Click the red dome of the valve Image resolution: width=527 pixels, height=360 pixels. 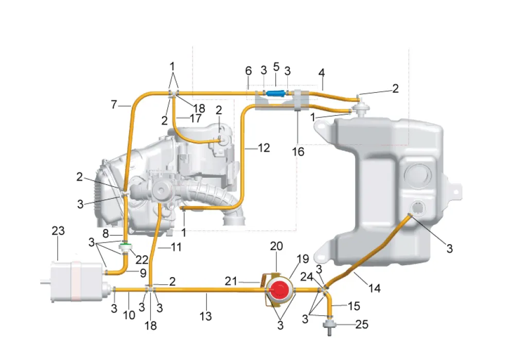click(x=279, y=290)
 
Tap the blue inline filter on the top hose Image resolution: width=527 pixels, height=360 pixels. click(x=275, y=93)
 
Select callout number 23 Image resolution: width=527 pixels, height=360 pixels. click(x=58, y=231)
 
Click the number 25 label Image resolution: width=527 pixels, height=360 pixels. click(x=362, y=324)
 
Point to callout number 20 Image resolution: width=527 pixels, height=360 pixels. click(x=276, y=246)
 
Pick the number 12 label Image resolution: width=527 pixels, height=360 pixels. click(x=264, y=148)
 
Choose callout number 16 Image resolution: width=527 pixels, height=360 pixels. click(x=298, y=152)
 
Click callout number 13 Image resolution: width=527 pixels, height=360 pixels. click(x=205, y=316)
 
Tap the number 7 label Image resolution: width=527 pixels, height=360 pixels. click(x=114, y=105)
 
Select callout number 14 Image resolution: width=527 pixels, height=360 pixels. click(x=374, y=288)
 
